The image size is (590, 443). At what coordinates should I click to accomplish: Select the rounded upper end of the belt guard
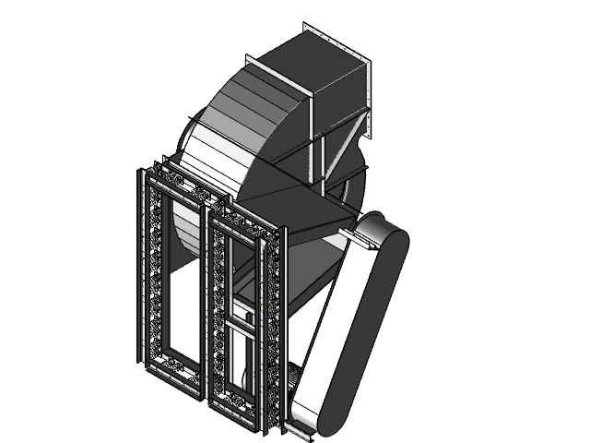(x=383, y=231)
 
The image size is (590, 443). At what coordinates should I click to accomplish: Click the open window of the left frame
(x=181, y=277)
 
